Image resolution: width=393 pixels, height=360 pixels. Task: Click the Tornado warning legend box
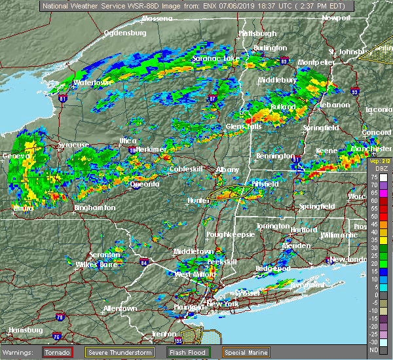pyautogui.click(x=58, y=352)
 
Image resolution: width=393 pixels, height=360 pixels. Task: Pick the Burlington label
pyautogui.click(x=271, y=48)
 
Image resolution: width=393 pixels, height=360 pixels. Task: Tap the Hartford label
pyautogui.click(x=303, y=230)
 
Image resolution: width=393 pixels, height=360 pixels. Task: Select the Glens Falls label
pyautogui.click(x=243, y=126)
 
